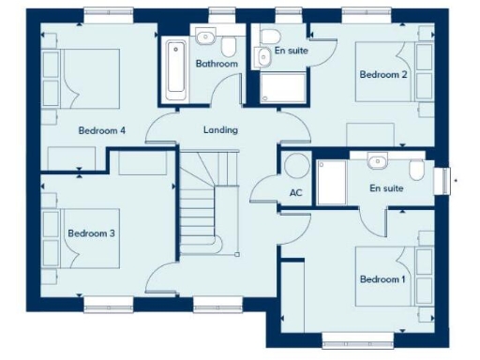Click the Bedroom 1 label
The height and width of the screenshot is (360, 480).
point(382,279)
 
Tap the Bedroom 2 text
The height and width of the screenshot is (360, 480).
point(382,75)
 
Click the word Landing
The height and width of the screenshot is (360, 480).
point(220,129)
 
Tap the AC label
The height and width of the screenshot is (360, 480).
point(296,194)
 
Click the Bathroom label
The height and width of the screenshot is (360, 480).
point(217,64)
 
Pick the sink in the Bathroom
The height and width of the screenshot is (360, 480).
point(204,37)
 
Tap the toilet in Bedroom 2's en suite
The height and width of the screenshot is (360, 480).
point(265,52)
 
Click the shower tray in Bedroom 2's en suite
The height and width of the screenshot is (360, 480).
point(283,88)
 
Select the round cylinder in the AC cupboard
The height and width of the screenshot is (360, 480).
point(297,166)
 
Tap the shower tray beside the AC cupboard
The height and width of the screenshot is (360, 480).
point(333,182)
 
